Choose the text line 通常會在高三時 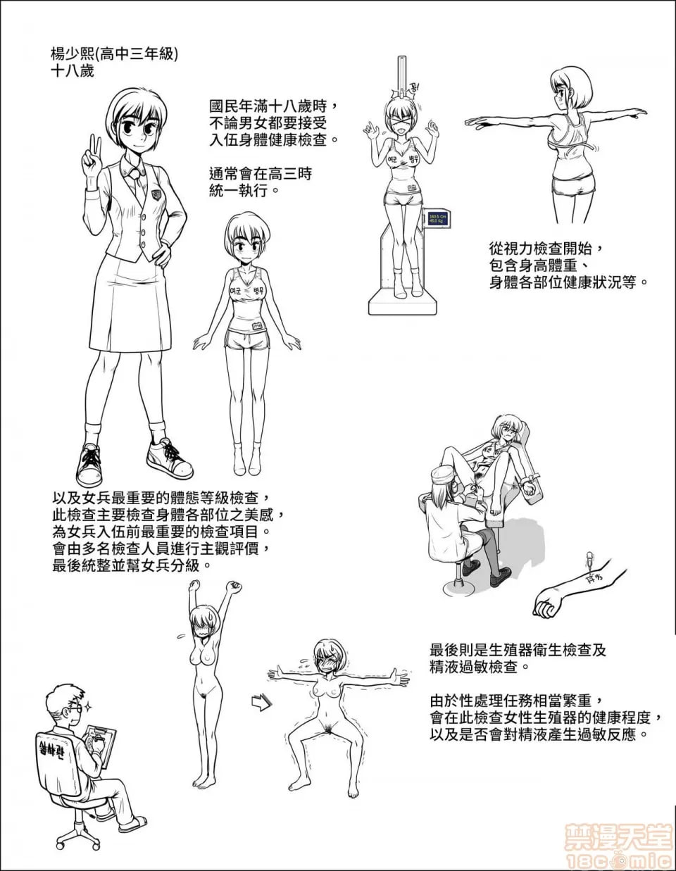click(x=261, y=173)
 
